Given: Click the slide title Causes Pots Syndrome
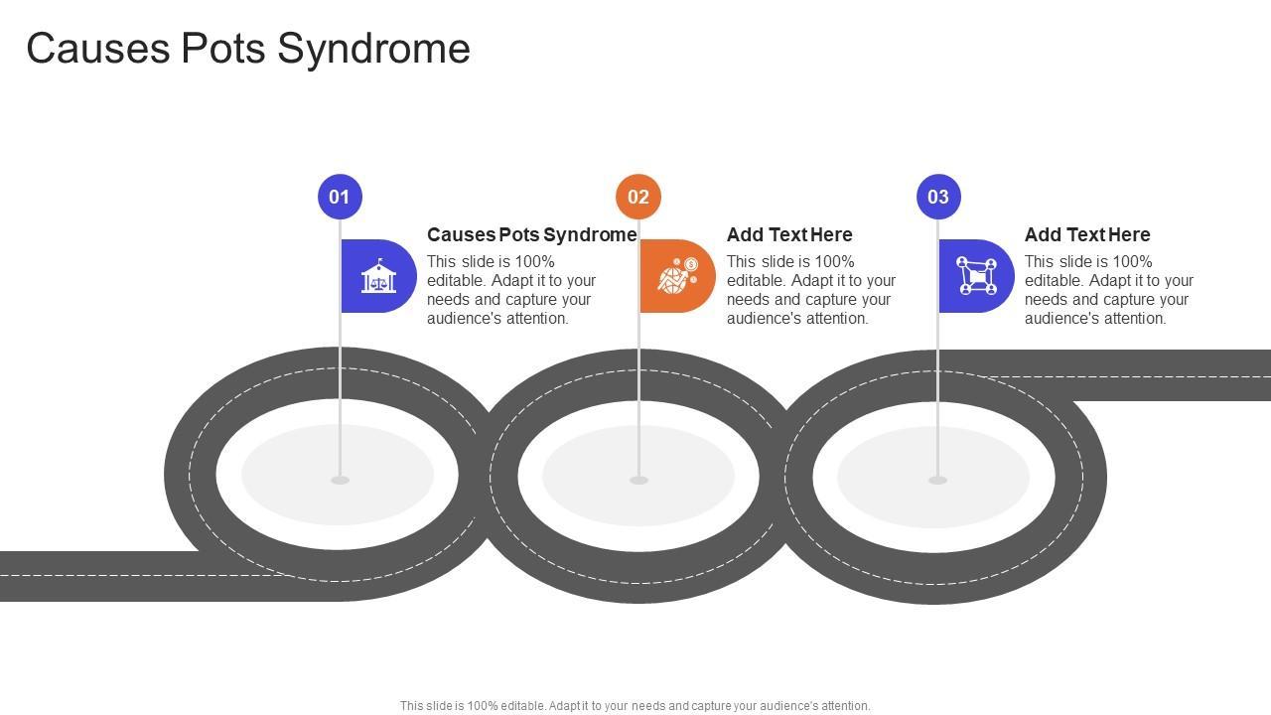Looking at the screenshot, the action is coord(248,48).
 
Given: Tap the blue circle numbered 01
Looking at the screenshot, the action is coord(340,197).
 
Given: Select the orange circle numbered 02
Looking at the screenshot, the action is coord(638,197).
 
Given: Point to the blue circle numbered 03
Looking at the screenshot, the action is coord(938,197).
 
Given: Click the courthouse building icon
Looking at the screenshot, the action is coord(378,276).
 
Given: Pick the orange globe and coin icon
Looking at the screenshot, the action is coord(677,276).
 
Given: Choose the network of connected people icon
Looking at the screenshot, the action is coord(976,276).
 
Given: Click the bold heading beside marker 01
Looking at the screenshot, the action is coord(531,234).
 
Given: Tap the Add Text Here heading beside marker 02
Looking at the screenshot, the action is coord(789,234).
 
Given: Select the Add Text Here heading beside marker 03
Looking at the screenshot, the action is coord(1087,234).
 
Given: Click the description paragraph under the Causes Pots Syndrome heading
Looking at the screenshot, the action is coord(511,290).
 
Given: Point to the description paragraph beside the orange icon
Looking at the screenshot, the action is coord(811,290).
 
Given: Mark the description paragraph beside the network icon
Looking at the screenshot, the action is coord(1109,290).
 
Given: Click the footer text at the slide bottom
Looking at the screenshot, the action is coord(635,706).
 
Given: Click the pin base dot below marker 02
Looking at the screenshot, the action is coord(638,481).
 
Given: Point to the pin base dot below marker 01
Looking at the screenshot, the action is coord(340,481).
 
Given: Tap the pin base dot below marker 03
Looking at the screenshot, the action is coord(937,481).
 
